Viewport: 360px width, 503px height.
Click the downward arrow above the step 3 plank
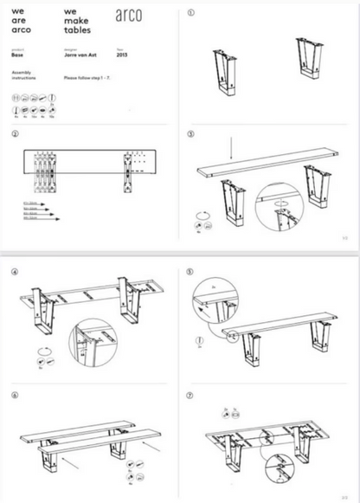click(x=232, y=146)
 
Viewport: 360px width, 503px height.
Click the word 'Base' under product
click(x=17, y=55)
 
